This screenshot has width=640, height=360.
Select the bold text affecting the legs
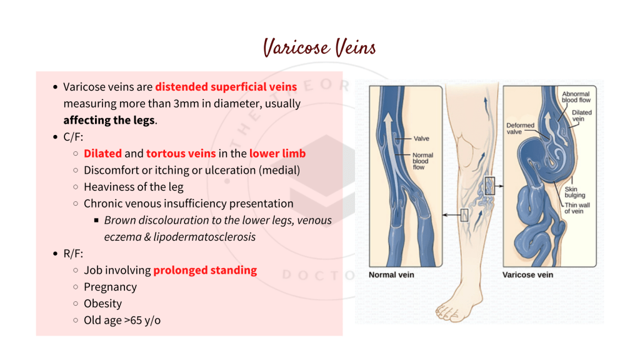(109, 120)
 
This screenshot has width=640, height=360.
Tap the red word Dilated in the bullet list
(102, 153)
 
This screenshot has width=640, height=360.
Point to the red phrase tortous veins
(181, 153)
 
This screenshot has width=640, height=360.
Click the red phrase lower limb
(277, 153)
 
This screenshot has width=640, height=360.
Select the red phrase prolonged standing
(205, 270)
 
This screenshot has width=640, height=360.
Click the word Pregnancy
(110, 287)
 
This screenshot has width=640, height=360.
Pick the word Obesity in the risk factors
(102, 304)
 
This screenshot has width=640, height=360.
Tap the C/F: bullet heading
(73, 137)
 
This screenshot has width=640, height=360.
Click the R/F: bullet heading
(73, 254)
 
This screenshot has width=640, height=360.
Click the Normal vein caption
(391, 274)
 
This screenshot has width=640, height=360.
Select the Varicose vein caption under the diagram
(527, 274)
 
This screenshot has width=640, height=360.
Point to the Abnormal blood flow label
(576, 97)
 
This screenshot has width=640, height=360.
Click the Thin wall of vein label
(577, 208)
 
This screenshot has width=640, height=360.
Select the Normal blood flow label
(422, 161)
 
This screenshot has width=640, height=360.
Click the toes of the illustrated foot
(446, 311)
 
